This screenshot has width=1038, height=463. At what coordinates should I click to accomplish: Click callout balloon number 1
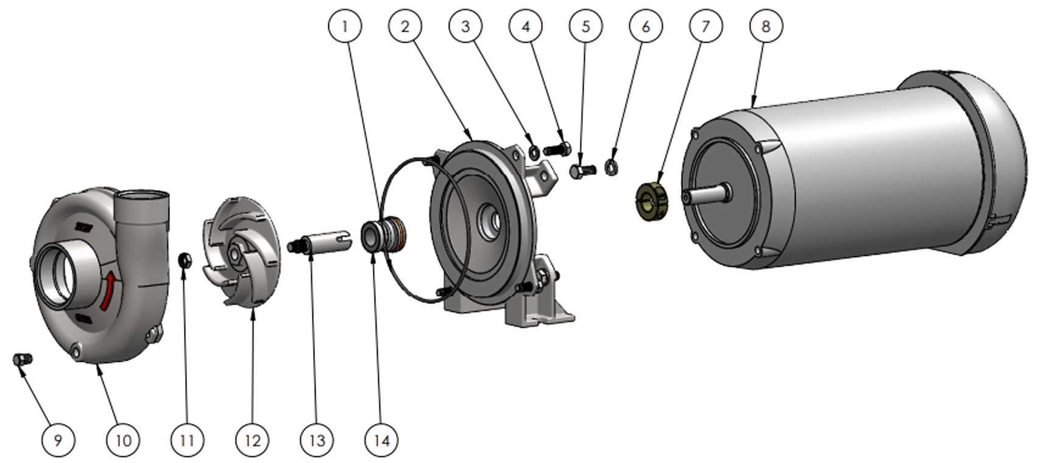[345, 26]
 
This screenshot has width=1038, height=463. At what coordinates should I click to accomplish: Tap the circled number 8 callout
[765, 26]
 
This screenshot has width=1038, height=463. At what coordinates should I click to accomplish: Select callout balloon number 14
[381, 439]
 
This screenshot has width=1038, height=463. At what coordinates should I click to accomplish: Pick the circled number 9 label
[58, 439]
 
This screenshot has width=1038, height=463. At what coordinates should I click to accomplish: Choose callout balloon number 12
[252, 439]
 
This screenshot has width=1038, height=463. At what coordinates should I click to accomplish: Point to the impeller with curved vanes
[241, 253]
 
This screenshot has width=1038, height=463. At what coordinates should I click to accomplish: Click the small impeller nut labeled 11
[185, 261]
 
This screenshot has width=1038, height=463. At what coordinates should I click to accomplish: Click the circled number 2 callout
[405, 26]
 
